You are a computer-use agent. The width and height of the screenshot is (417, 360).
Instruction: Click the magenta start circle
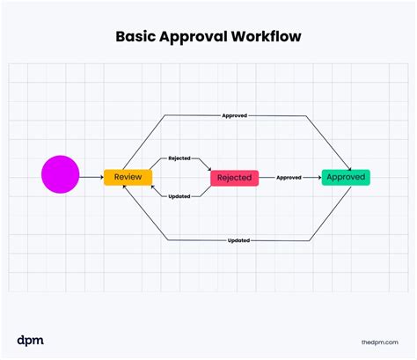pyautogui.click(x=61, y=174)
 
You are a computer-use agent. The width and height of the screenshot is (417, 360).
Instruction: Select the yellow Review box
pyautogui.click(x=128, y=177)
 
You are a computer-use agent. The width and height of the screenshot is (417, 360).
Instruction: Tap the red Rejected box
pyautogui.click(x=235, y=178)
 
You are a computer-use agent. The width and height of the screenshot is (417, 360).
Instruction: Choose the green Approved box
pyautogui.click(x=346, y=177)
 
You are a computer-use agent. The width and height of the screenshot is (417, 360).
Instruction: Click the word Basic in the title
pyautogui.click(x=135, y=37)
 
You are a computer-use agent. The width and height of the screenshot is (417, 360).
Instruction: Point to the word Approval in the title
pyautogui.click(x=194, y=37)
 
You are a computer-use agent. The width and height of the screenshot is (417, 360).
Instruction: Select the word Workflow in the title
pyautogui.click(x=266, y=36)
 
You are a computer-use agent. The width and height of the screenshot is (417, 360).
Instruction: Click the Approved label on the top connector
pyautogui.click(x=235, y=115)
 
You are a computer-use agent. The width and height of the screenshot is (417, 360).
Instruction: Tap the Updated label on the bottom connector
pyautogui.click(x=238, y=240)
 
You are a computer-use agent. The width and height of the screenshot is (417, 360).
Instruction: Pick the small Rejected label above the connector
pyautogui.click(x=179, y=158)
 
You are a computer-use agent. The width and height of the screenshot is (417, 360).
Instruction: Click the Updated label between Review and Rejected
pyautogui.click(x=179, y=196)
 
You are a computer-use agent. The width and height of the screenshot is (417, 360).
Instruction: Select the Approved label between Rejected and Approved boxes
pyautogui.click(x=289, y=178)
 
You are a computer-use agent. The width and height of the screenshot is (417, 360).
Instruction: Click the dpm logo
pyautogui.click(x=30, y=341)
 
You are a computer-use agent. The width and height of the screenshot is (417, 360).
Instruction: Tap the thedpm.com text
pyautogui.click(x=380, y=342)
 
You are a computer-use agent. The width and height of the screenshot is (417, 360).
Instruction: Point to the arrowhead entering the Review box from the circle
pyautogui.click(x=102, y=177)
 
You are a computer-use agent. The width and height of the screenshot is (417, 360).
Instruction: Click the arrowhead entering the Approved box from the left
pyautogui.click(x=319, y=178)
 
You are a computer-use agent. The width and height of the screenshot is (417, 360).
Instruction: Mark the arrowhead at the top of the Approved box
pyautogui.click(x=349, y=168)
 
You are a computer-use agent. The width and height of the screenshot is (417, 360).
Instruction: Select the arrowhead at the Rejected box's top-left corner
pyautogui.click(x=209, y=169)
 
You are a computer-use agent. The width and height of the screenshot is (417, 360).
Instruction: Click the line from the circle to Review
pyautogui.click(x=91, y=177)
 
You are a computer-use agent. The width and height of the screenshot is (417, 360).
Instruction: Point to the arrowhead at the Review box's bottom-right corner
pyautogui.click(x=153, y=187)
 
